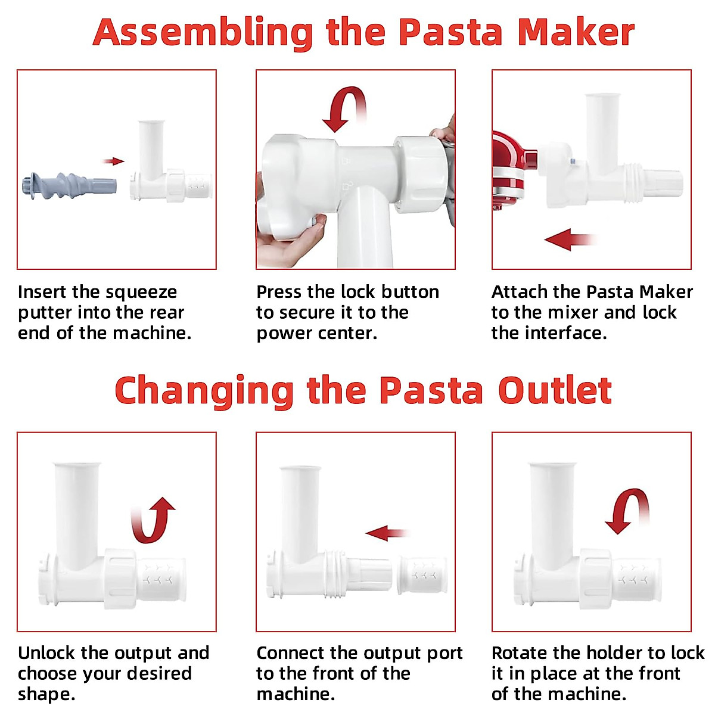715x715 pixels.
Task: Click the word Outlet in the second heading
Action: [x=554, y=391]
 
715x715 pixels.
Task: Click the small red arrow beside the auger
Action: [x=113, y=161]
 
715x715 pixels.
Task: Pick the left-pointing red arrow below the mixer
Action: [x=569, y=240]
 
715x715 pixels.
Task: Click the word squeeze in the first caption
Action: [x=143, y=293]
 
